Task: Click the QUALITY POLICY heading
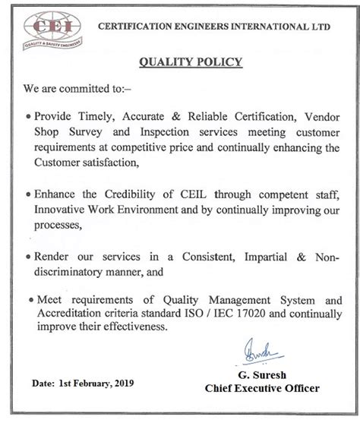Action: [x=180, y=62]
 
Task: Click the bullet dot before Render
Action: [x=27, y=257]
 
